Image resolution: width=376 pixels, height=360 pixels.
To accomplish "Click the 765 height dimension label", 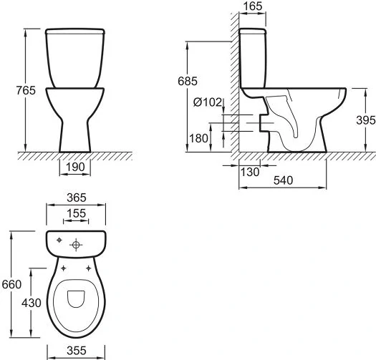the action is (x=26, y=90).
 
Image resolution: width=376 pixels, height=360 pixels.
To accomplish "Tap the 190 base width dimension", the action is (x=75, y=167).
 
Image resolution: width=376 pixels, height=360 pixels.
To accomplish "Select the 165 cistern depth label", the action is (x=253, y=6).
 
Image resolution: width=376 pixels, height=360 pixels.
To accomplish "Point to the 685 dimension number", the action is (x=188, y=81).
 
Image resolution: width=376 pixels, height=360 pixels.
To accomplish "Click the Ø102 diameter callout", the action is (x=208, y=102).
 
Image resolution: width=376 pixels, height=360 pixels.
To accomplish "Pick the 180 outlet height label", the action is (x=199, y=138).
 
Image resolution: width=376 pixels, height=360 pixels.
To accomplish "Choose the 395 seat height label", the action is (x=366, y=120).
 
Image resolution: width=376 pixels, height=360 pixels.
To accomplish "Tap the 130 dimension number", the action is (x=250, y=172).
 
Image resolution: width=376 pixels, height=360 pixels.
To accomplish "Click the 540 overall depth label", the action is (x=283, y=180).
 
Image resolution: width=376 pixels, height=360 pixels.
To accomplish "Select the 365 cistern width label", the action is (x=76, y=198).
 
